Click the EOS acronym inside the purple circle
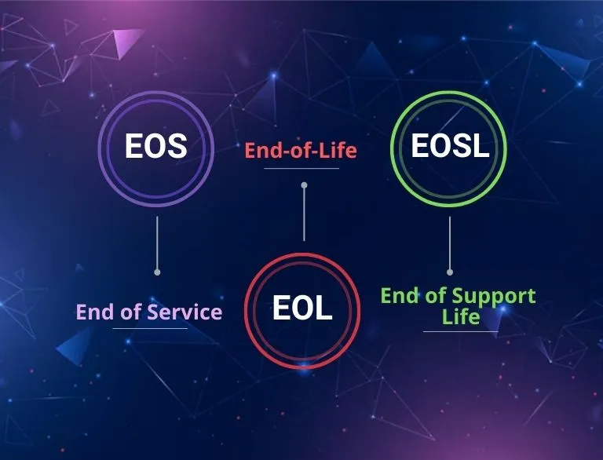pos(155,146)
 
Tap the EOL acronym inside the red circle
pos(302,308)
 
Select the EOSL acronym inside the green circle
pos(450,146)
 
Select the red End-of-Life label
pos(301,150)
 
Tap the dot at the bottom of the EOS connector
pos(157,272)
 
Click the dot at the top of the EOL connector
pos(304,185)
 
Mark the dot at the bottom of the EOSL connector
pos(450,272)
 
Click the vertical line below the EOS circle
pos(157,243)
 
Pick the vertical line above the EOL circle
pos(304,214)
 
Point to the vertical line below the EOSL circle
pos(450,243)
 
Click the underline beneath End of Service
pos(150,328)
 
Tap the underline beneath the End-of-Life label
pos(301,168)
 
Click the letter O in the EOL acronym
pos(302,308)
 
